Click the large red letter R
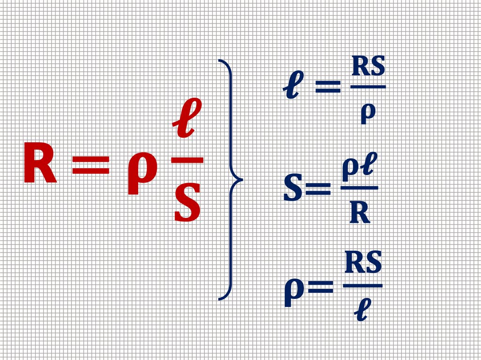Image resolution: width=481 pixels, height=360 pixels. (x=40, y=164)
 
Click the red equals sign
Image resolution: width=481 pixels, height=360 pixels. (x=91, y=166)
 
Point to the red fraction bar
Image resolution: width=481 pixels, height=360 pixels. (x=187, y=160)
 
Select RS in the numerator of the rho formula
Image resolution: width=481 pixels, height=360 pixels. (x=363, y=264)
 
